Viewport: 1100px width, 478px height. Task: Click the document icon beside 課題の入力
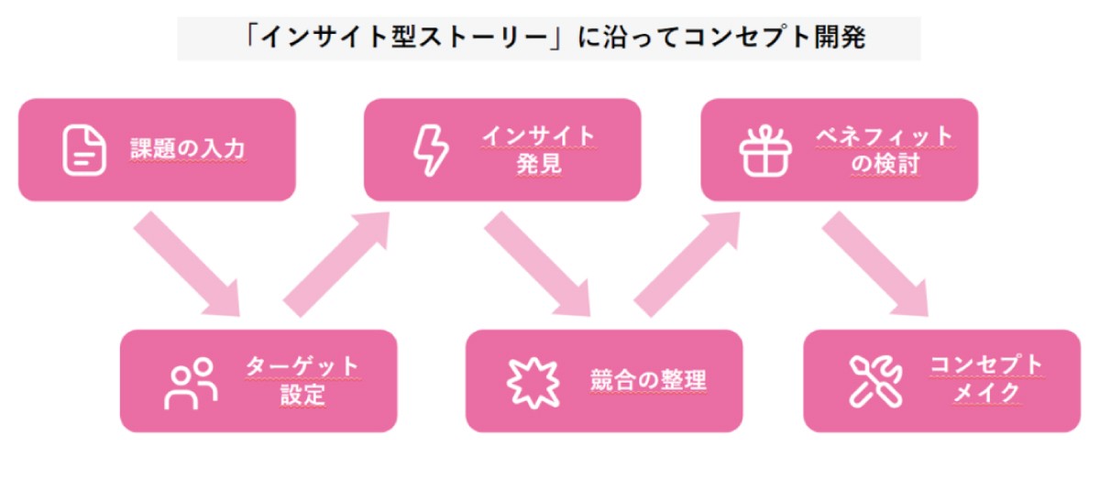pos(79,150)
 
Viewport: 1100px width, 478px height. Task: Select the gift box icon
pos(765,150)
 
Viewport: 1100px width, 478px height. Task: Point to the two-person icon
pos(191,382)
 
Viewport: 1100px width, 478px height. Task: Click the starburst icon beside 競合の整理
pos(533,382)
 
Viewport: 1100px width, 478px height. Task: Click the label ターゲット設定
pos(302,381)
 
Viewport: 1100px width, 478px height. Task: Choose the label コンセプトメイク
pos(985,379)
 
